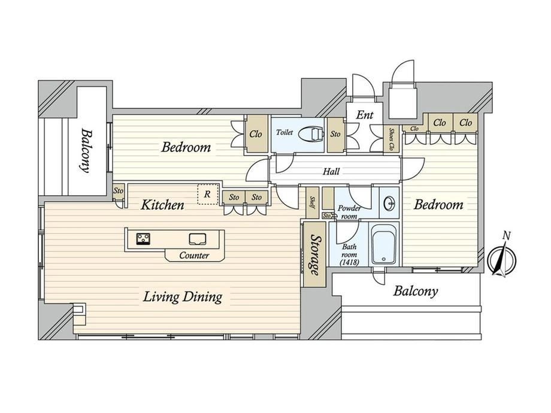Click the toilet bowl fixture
(x=311, y=134)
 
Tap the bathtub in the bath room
(x=384, y=245)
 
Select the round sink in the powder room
(x=389, y=204)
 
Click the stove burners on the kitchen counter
(x=143, y=239)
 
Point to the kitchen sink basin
(x=198, y=239)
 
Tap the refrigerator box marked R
(x=208, y=194)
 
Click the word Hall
(x=331, y=171)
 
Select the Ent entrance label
(x=364, y=114)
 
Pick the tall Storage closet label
(x=315, y=255)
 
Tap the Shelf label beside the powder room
(x=312, y=203)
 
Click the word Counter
(x=194, y=256)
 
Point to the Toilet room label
(x=284, y=132)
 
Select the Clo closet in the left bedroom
(x=256, y=134)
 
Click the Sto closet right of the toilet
(x=335, y=135)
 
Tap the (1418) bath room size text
(x=349, y=262)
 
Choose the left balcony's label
(x=86, y=151)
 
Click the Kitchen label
(x=162, y=205)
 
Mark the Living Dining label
(x=183, y=297)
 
